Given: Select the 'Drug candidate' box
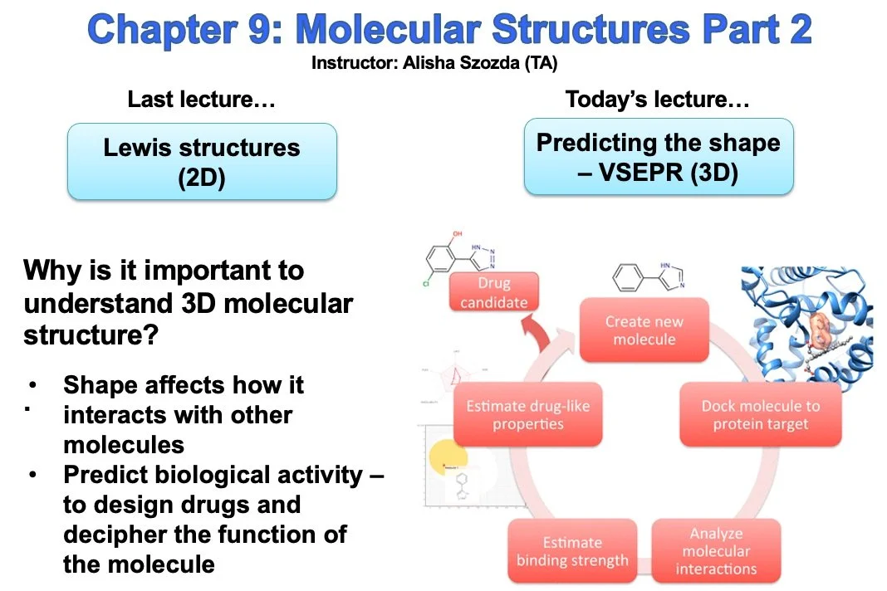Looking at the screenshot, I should click(493, 293).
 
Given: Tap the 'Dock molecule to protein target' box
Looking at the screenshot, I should click(760, 415).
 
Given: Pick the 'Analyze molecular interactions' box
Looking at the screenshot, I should click(716, 551).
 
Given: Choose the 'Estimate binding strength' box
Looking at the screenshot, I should click(571, 551).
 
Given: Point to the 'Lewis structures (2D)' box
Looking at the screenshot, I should click(202, 162).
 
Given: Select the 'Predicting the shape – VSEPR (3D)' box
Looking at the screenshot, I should click(659, 156).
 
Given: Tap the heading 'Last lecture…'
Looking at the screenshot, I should click(201, 100).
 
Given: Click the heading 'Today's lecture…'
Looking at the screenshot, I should click(658, 100).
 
